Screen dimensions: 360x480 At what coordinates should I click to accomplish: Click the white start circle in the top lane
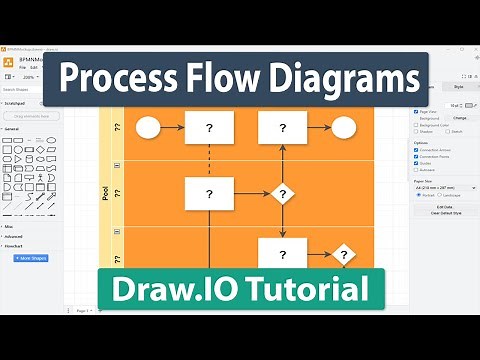pyautogui.click(x=148, y=127)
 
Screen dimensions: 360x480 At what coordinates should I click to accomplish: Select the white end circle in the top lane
pyautogui.click(x=343, y=127)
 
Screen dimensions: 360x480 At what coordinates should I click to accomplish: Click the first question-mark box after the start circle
pyautogui.click(x=209, y=127)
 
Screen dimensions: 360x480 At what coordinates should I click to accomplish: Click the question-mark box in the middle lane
pyautogui.click(x=209, y=193)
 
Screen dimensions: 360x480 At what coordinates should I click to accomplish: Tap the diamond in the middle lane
pyautogui.click(x=283, y=193)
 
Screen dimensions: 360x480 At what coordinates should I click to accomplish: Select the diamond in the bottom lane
pyautogui.click(x=344, y=255)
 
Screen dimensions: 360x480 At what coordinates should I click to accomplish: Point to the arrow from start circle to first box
pyautogui.click(x=172, y=127)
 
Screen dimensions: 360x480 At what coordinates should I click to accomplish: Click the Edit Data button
pyautogui.click(x=443, y=207)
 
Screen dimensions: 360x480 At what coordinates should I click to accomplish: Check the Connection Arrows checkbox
pyautogui.click(x=416, y=150)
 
